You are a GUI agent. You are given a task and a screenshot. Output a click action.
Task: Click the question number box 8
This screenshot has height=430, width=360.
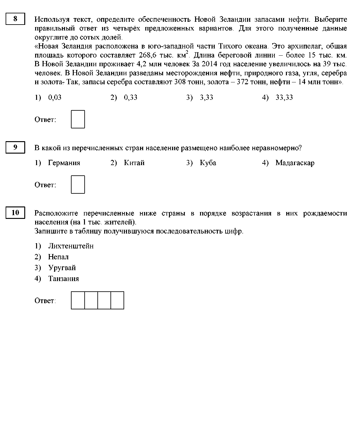pyautogui.click(x=15, y=19)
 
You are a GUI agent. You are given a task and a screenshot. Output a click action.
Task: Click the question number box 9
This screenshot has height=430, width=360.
pyautogui.click(x=15, y=147)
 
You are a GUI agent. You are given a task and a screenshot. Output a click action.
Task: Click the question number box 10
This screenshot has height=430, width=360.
pyautogui.click(x=15, y=213)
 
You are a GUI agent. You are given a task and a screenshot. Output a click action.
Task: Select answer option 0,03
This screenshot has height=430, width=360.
pyautogui.click(x=55, y=98)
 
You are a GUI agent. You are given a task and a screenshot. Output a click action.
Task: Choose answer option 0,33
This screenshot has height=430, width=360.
pyautogui.click(x=130, y=98)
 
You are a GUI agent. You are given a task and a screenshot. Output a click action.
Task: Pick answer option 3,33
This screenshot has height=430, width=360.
pyautogui.click(x=206, y=98)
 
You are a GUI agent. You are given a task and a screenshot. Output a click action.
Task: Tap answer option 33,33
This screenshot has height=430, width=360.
pyautogui.click(x=284, y=98)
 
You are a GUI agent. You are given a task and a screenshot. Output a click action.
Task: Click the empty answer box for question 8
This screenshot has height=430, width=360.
pyautogui.click(x=78, y=119)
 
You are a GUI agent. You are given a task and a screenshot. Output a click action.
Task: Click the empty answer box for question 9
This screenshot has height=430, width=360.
pyautogui.click(x=78, y=184)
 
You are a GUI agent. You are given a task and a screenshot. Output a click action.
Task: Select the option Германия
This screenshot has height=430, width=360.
pyautogui.click(x=64, y=163)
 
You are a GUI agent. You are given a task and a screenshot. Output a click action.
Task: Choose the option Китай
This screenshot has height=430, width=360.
pyautogui.click(x=134, y=163)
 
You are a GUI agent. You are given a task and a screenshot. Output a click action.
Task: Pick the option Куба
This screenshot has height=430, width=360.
pyautogui.click(x=208, y=163)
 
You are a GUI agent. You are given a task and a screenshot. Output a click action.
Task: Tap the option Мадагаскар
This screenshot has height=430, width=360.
pyautogui.click(x=295, y=163)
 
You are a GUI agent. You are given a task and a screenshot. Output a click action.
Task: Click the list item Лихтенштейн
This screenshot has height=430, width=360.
pyautogui.click(x=71, y=246)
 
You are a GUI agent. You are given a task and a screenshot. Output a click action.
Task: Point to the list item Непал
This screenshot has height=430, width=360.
pyautogui.click(x=58, y=257)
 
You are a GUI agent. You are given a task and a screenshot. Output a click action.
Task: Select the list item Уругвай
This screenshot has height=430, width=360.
pyautogui.click(x=62, y=268)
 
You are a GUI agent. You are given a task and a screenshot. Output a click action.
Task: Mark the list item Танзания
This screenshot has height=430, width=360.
pyautogui.click(x=63, y=279)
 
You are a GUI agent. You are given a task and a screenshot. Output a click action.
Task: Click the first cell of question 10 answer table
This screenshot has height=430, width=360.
pyautogui.click(x=78, y=300)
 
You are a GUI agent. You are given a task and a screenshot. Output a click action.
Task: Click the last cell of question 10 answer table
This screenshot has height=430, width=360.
pyautogui.click(x=117, y=300)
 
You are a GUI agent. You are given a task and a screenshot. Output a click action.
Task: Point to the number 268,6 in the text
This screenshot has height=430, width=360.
pyautogui.click(x=146, y=55)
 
